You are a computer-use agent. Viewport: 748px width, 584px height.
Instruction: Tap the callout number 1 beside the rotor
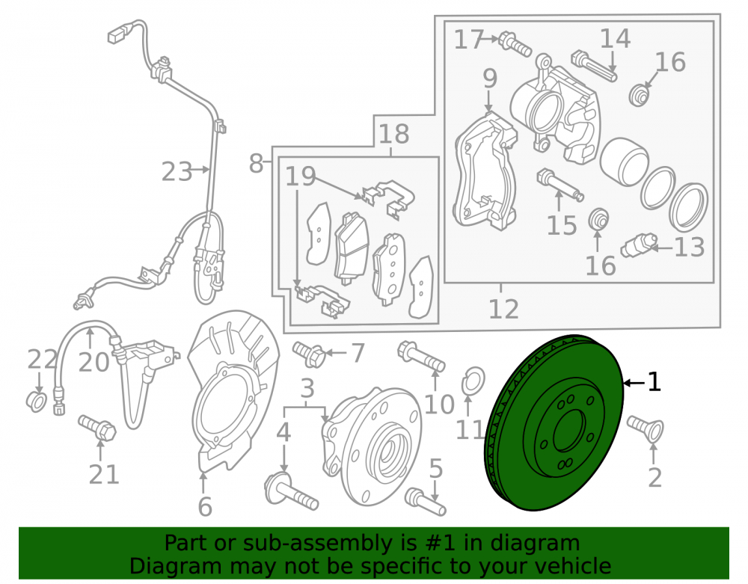point(654,382)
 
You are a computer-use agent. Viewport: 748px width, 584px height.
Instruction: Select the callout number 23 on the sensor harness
point(177,172)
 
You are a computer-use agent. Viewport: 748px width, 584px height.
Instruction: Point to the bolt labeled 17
point(515,44)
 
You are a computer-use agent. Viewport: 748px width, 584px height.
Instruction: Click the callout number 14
point(615,38)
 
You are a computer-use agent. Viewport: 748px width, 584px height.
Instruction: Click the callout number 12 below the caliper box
point(503,309)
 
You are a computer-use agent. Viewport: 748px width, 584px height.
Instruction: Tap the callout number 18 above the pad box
point(393,134)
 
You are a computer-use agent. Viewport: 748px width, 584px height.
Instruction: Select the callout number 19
point(301,176)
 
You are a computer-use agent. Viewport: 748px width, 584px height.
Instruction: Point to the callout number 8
point(257,164)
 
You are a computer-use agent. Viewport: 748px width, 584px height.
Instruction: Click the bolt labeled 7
point(309,354)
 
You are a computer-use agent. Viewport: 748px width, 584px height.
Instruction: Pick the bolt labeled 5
point(425,502)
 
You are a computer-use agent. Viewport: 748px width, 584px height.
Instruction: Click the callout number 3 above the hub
point(307,388)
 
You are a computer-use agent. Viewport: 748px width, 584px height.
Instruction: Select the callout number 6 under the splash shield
point(205,506)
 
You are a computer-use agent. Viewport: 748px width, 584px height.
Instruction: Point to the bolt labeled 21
point(97,428)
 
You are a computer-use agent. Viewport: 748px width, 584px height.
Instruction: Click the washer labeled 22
point(36,402)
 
